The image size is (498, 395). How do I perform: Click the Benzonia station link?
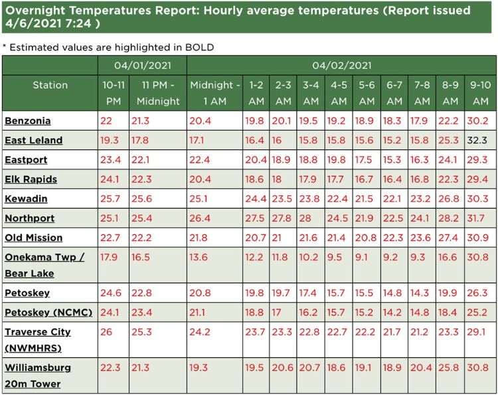pyautogui.click(x=28, y=121)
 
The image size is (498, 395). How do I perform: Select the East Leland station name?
pyautogui.click(x=33, y=141)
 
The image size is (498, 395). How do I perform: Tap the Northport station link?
pyautogui.click(x=29, y=218)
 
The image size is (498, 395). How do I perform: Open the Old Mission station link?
pyautogui.click(x=33, y=238)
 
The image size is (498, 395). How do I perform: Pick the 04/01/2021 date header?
pyautogui.click(x=141, y=66)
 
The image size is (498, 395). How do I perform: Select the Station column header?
pyautogui.click(x=50, y=85)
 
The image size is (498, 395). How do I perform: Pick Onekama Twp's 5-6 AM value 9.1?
pyautogui.click(x=363, y=258)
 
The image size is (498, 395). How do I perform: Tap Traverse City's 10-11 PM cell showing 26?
pyautogui.click(x=107, y=332)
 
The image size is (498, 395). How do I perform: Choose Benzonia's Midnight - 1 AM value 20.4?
pyautogui.click(x=201, y=121)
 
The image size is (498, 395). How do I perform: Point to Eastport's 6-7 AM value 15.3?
pyautogui.click(x=394, y=160)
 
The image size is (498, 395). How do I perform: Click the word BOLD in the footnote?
pyautogui.click(x=197, y=48)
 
